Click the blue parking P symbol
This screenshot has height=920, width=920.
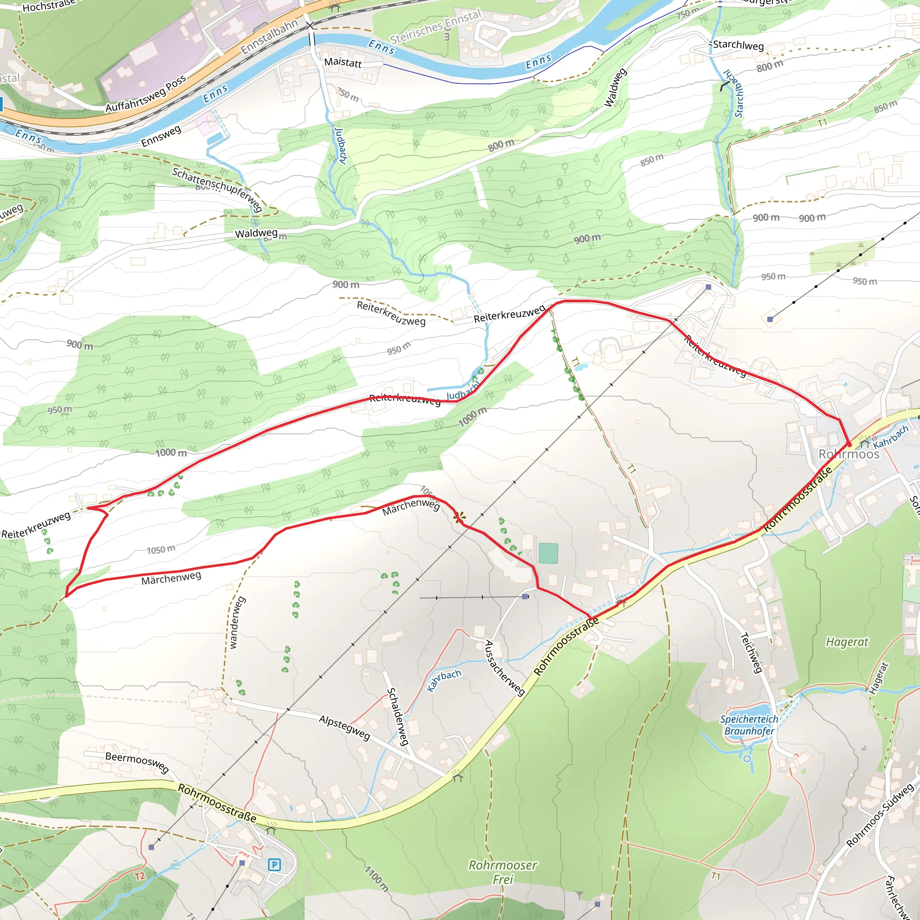[274, 864]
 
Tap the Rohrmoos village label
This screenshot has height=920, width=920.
[849, 454]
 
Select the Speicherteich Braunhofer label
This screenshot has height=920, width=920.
[749, 725]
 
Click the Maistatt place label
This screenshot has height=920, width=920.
[343, 62]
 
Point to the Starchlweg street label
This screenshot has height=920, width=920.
[738, 45]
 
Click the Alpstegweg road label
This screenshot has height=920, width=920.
[344, 727]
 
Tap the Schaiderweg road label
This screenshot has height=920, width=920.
[398, 716]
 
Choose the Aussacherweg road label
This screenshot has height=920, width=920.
[504, 668]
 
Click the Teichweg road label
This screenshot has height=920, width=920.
[752, 652]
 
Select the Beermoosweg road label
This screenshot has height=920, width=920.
[137, 762]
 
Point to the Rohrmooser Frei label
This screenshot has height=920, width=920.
[503, 872]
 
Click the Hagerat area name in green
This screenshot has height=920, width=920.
[847, 642]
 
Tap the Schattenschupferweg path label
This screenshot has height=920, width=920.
[217, 189]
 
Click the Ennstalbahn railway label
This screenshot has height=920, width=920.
[269, 36]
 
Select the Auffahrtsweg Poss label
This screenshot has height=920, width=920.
[146, 94]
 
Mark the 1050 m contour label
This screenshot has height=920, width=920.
[161, 549]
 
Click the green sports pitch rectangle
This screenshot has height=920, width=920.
[548, 553]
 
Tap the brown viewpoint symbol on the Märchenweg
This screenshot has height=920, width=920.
[459, 517]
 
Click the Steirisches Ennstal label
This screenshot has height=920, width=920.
[436, 27]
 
